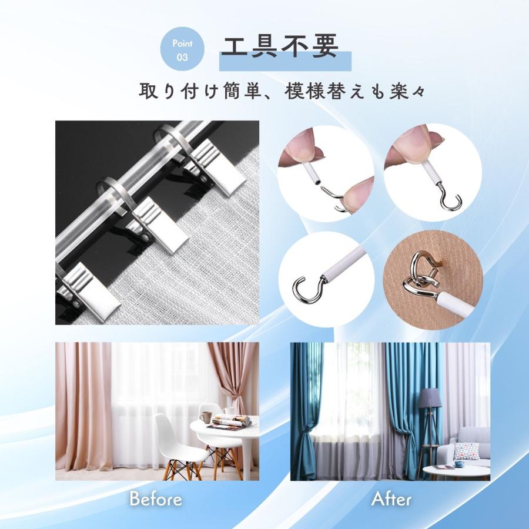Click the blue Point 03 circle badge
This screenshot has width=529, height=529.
pos(182,49)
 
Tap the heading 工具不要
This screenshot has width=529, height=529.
pos(280,46)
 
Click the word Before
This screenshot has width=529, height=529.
pos(156,499)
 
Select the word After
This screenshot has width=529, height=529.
pos(391,499)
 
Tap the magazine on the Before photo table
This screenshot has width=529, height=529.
pos(230,422)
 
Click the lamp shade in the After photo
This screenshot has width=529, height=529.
pos(430,398)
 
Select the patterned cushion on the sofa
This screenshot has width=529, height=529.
pos(467,451)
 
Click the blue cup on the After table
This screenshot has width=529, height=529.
pos(459,464)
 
